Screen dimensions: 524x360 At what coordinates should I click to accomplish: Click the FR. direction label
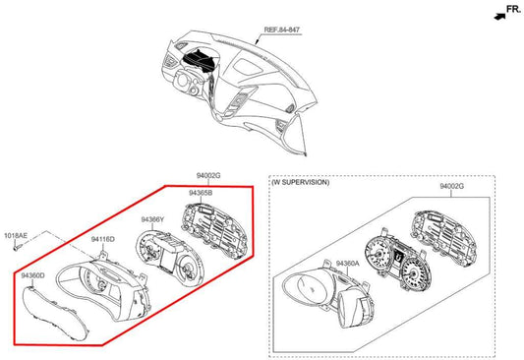tap(513, 9)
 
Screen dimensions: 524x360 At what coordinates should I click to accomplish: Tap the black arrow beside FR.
tap(499, 17)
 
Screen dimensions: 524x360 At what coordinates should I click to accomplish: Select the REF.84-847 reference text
tap(282, 30)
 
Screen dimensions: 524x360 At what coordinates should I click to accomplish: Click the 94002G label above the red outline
tap(208, 175)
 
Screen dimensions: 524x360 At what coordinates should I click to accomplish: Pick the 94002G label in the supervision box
tap(451, 186)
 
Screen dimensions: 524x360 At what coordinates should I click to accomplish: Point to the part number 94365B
tap(201, 193)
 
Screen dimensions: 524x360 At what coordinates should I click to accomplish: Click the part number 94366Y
tap(152, 219)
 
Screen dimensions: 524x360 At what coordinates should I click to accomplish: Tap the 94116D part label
tap(103, 239)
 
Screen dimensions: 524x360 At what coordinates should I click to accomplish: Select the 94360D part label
tap(32, 275)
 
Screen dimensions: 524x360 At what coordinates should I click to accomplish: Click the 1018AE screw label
tap(16, 236)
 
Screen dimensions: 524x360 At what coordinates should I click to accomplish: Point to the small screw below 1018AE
tap(18, 247)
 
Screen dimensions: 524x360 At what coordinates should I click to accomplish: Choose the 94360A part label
tap(348, 264)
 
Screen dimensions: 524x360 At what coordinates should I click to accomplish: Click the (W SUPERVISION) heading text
tap(300, 182)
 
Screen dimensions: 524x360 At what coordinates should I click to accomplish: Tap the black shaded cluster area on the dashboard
tap(200, 60)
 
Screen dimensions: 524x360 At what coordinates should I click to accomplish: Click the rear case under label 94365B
tap(215, 228)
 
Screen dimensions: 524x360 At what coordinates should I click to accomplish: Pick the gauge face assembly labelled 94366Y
tap(169, 257)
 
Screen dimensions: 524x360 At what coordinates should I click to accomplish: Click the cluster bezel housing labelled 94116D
tap(103, 286)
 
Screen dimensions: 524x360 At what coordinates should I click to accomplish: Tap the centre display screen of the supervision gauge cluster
tap(398, 257)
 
